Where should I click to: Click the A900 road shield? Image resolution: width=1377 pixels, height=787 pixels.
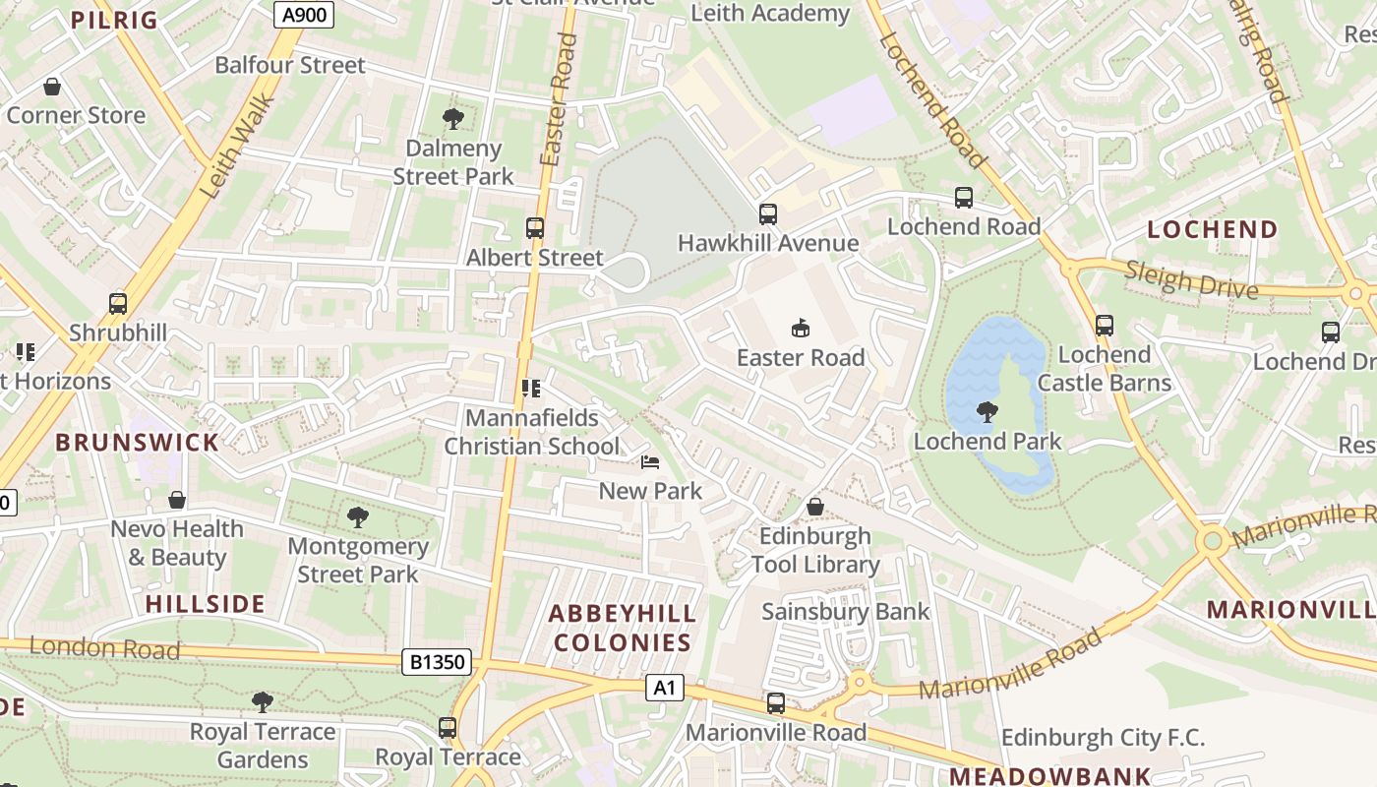pos(303,14)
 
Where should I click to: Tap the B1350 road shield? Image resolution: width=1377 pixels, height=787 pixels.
pos(436,662)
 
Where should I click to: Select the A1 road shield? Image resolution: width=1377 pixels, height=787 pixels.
pos(665,687)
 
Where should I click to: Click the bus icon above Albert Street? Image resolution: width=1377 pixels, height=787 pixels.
pos(535,228)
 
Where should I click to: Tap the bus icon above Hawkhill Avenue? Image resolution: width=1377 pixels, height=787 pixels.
pos(768,213)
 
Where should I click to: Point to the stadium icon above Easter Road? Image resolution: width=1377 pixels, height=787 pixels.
pos(801,328)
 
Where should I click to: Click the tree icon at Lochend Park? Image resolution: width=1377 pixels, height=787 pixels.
pos(987,411)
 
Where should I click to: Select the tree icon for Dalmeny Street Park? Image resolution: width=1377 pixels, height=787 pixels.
pos(453,119)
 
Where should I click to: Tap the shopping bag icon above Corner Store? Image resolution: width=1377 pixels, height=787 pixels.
pos(52,87)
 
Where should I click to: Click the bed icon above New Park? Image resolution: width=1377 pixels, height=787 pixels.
pos(650,461)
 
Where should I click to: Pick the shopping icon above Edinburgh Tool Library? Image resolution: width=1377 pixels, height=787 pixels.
pos(815,507)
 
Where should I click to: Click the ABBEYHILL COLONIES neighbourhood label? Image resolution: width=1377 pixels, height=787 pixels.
pos(622,628)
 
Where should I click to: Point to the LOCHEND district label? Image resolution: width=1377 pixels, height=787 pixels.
pos(1213,230)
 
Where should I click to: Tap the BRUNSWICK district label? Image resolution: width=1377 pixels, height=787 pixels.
pos(137,442)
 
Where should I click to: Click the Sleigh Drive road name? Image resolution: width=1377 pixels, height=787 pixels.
pos(1191,279)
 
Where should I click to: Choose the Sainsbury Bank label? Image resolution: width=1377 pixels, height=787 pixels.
pos(845,612)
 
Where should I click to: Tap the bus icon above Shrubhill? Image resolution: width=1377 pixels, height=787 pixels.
pos(118,303)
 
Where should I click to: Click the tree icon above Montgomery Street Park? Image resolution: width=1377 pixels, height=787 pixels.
pos(358,516)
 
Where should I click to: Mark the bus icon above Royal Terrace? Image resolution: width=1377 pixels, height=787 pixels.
pos(448,728)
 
